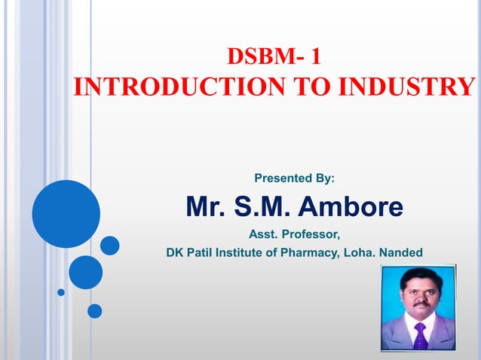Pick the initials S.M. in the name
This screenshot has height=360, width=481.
262,206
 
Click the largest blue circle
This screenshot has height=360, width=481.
66,214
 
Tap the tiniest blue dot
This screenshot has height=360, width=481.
61,292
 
